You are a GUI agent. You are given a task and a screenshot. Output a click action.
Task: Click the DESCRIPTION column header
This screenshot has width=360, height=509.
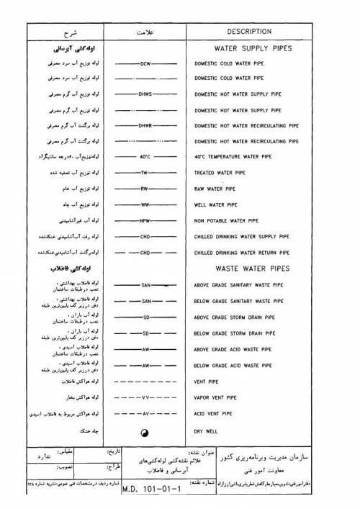[x=248, y=32]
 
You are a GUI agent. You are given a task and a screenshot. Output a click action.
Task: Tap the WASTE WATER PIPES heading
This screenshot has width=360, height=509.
[x=247, y=268]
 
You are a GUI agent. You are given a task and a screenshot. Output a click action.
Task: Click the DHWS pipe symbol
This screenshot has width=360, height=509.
[x=145, y=94]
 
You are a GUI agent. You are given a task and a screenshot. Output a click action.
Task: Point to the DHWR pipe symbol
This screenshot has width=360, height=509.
[x=145, y=125]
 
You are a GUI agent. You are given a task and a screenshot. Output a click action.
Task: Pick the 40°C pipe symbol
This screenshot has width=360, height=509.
[x=145, y=156]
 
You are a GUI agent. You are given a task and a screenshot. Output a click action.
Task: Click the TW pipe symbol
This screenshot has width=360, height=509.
[x=145, y=173]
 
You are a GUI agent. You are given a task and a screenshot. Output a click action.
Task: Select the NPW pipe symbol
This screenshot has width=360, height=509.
[x=145, y=220]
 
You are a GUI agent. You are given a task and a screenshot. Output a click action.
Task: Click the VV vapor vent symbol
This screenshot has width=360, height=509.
[x=145, y=397]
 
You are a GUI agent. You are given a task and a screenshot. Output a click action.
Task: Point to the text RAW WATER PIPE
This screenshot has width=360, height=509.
[x=216, y=189]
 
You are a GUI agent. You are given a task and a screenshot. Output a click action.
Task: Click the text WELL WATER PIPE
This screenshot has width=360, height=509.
[x=217, y=204]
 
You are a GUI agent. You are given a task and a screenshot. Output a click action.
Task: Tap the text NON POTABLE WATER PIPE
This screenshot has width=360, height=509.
[x=228, y=220]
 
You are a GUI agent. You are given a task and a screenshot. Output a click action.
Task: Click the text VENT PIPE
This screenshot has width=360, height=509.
[x=208, y=382]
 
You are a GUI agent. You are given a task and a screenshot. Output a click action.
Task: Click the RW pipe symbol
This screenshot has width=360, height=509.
[x=145, y=189]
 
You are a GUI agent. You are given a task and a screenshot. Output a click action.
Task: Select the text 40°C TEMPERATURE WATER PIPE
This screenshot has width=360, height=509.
[x=236, y=156]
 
